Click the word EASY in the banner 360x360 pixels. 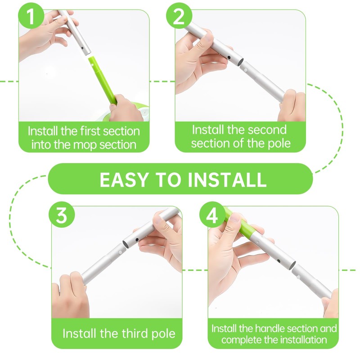coord(123,179)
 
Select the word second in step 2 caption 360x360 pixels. coord(264,130)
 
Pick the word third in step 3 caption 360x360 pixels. coord(134,334)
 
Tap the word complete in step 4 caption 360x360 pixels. coord(244,340)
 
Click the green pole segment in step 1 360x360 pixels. coord(103,79)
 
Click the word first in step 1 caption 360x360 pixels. coord(89,131)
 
